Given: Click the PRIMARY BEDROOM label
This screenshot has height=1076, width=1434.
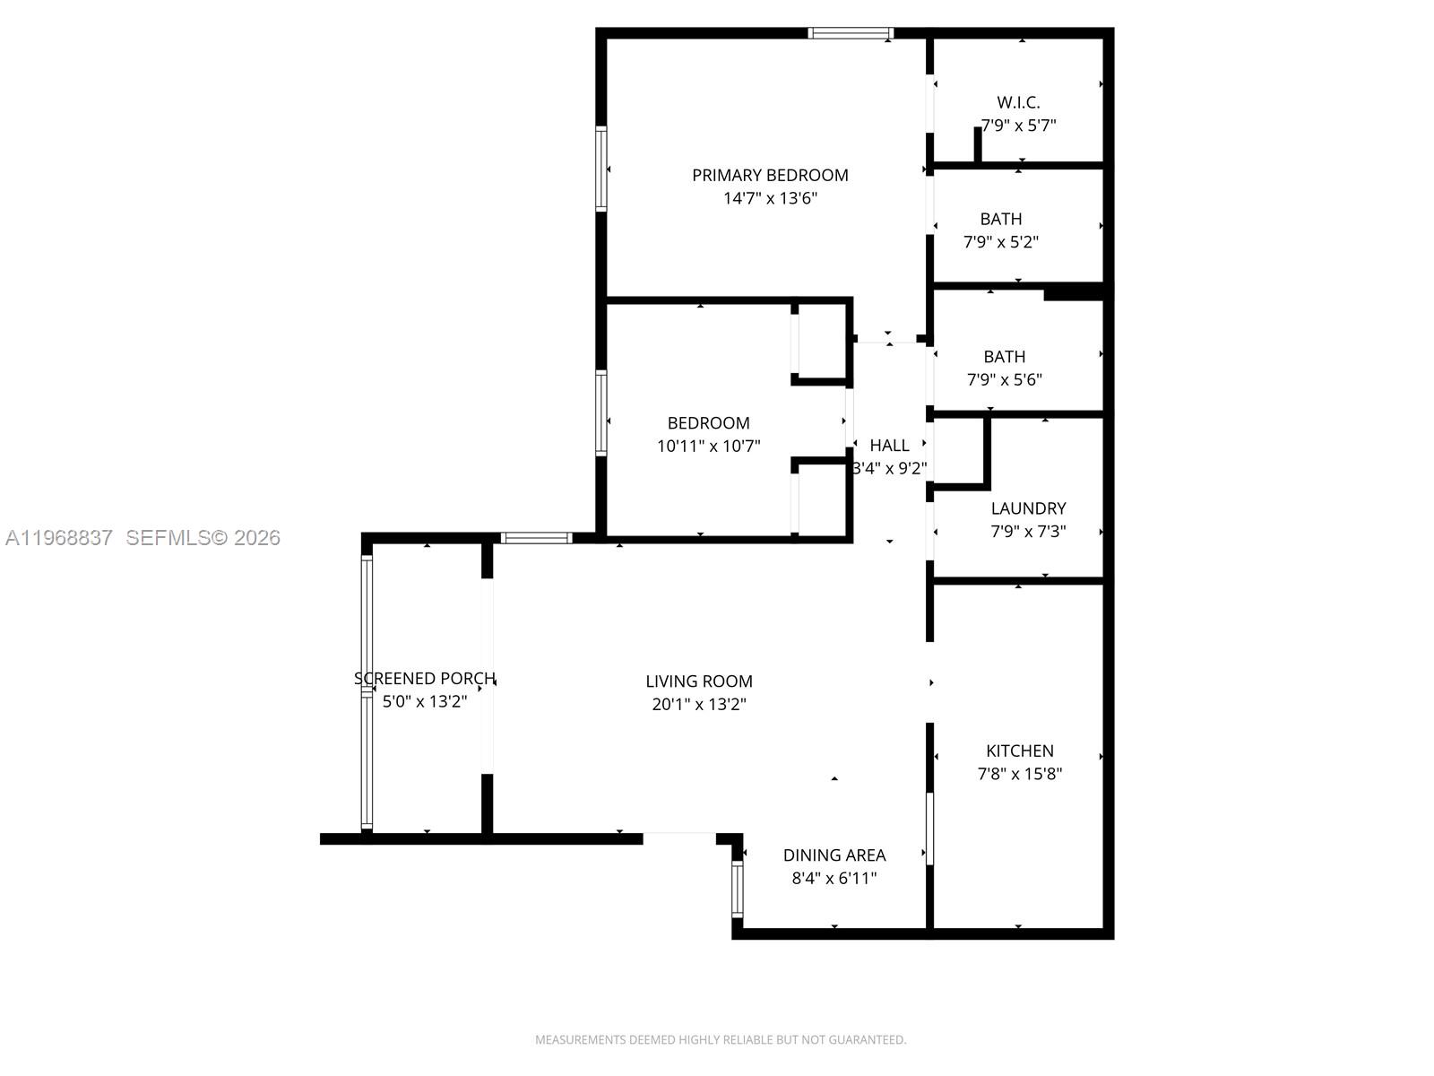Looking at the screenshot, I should (770, 175).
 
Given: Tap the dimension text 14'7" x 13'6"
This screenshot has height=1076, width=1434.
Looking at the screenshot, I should (770, 198).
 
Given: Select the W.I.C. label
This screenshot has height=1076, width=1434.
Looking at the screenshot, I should (1018, 102).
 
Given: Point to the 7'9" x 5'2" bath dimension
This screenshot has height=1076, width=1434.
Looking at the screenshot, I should (1001, 242).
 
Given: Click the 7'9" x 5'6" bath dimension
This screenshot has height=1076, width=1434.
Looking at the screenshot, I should (1004, 379).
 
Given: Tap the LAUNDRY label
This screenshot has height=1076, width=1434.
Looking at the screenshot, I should (1028, 508).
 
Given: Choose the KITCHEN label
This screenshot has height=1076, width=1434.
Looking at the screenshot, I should (1020, 751).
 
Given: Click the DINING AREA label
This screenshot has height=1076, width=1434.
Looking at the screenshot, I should (834, 855).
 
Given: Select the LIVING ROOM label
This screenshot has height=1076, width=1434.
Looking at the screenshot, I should (699, 681).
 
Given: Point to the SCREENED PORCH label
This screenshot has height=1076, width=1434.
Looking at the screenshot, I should (425, 679).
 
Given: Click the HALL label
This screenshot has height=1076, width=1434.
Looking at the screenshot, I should (889, 445).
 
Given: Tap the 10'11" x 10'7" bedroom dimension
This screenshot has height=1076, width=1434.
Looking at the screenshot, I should (708, 446).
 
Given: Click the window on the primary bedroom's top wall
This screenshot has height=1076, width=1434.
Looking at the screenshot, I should (851, 33).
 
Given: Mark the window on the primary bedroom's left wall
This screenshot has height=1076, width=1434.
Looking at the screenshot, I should (601, 169).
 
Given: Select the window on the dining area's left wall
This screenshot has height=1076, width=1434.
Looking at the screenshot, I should (738, 889).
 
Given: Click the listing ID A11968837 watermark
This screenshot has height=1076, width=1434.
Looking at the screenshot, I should (59, 537).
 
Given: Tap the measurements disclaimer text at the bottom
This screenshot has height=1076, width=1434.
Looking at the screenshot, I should (721, 1040).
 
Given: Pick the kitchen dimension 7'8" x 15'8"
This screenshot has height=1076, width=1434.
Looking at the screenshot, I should (1020, 774).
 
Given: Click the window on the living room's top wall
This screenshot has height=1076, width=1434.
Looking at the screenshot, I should (536, 538).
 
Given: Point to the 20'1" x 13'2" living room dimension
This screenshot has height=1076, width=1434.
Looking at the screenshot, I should (699, 705).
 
